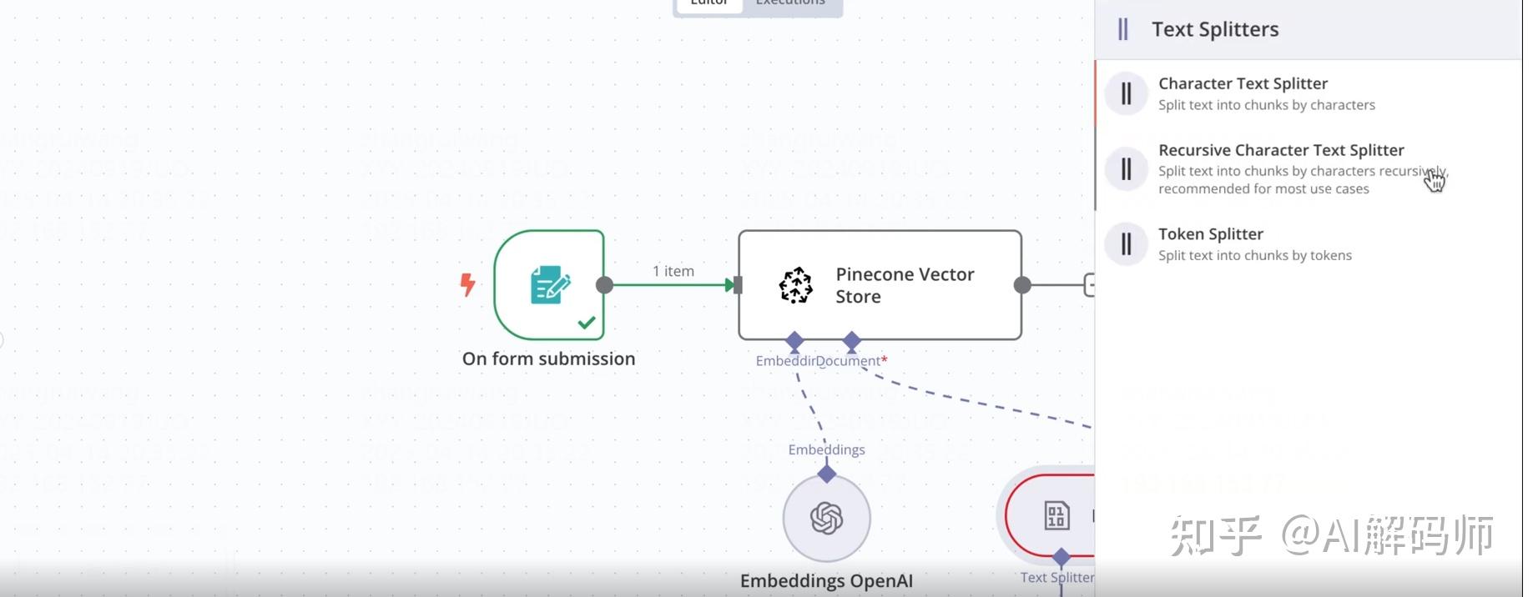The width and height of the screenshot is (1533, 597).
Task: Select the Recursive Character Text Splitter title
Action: click(1280, 150)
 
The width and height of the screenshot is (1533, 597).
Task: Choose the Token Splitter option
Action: click(1210, 234)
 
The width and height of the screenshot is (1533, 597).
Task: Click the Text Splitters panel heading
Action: click(1214, 29)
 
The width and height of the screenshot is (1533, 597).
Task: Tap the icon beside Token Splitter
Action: click(1126, 244)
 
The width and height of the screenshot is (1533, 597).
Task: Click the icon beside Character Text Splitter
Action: click(1126, 93)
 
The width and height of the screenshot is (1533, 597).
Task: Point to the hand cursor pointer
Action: click(1434, 180)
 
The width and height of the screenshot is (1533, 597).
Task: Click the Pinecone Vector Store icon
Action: click(795, 285)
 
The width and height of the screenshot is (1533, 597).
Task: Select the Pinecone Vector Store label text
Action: click(904, 285)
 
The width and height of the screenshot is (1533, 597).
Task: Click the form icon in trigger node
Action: click(549, 284)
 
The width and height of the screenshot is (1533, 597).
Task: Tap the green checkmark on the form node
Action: click(587, 322)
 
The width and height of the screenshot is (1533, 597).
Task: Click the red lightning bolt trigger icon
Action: click(467, 284)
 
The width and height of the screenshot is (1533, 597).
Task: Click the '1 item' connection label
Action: click(673, 271)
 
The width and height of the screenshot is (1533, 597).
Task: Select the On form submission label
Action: click(548, 359)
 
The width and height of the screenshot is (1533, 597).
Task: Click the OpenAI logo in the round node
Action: click(826, 518)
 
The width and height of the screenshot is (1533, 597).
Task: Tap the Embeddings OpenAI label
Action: click(826, 581)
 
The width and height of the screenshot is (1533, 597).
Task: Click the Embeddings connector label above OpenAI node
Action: click(826, 449)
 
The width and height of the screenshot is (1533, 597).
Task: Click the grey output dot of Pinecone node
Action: click(1021, 285)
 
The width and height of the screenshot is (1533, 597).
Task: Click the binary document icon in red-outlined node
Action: click(1056, 515)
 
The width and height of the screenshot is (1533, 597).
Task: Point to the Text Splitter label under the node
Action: click(1056, 577)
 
